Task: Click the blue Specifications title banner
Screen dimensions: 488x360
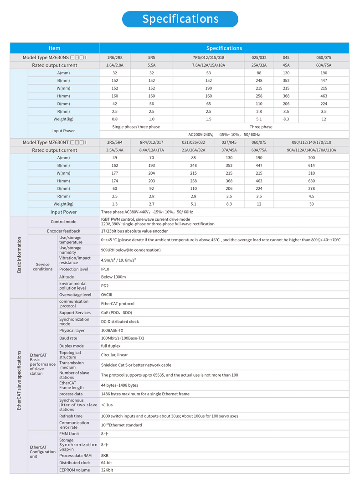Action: [180, 19]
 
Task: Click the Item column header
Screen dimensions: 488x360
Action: [54, 48]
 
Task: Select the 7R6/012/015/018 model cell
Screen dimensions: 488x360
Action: [208, 58]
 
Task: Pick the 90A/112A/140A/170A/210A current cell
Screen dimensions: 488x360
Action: [311, 150]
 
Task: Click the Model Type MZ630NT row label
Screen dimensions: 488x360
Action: [54, 142]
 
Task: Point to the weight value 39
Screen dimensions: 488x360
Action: [311, 204]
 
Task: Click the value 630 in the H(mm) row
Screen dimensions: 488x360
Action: [311, 181]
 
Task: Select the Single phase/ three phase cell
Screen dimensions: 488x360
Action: [136, 127]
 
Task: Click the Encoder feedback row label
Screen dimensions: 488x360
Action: [63, 231]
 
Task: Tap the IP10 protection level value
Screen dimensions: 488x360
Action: [105, 270]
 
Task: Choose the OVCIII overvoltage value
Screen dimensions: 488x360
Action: [107, 295]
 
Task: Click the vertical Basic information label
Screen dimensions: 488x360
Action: [19, 255]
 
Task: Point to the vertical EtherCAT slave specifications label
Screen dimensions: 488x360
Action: [19, 380]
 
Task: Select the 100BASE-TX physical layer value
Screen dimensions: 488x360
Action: [112, 331]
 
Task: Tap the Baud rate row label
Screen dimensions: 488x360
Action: [68, 338]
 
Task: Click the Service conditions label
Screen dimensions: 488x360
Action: [43, 267]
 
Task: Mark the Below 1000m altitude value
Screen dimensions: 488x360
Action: [113, 277]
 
